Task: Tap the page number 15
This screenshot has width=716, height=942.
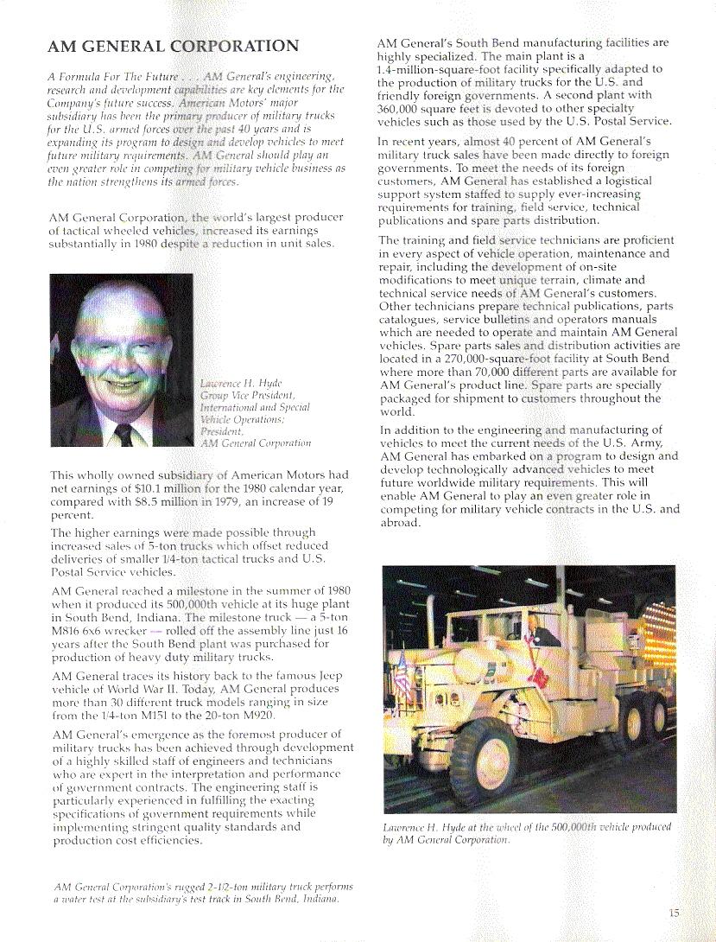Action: coord(675,912)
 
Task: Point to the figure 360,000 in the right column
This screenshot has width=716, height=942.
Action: coord(403,109)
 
